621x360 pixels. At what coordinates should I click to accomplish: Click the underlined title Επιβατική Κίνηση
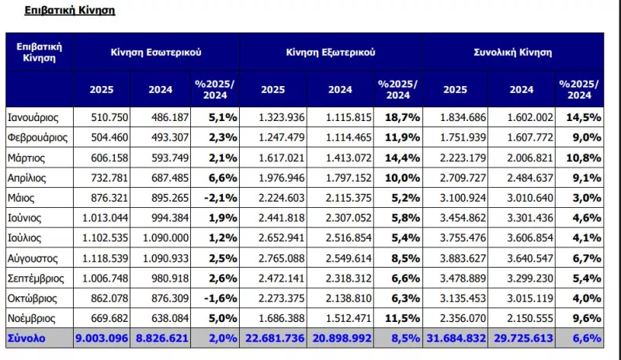70,10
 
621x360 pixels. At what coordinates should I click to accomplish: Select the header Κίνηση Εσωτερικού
156,52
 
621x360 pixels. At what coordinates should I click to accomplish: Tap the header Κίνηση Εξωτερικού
331,52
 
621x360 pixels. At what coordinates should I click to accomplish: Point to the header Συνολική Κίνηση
513,52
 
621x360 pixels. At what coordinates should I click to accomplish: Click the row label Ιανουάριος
33,118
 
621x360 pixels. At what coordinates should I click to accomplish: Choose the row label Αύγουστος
33,258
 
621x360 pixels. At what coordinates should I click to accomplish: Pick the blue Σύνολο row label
26,338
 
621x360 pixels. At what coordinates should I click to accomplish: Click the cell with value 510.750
109,118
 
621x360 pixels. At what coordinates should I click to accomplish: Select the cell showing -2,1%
220,198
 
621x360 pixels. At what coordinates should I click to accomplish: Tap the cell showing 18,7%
402,118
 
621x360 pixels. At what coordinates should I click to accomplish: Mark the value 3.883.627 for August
463,258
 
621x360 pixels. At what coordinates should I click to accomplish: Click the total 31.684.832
456,338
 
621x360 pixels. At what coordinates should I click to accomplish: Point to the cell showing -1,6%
220,298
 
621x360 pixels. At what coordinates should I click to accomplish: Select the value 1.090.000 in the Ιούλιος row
165,238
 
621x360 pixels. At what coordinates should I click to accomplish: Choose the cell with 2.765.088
282,258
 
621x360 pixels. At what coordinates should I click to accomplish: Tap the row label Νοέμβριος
31,318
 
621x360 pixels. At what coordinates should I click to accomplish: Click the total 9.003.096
102,338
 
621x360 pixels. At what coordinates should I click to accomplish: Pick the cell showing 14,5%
584,118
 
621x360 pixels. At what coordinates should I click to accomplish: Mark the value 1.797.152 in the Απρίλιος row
349,178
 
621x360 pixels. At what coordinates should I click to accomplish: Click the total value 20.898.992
342,338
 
